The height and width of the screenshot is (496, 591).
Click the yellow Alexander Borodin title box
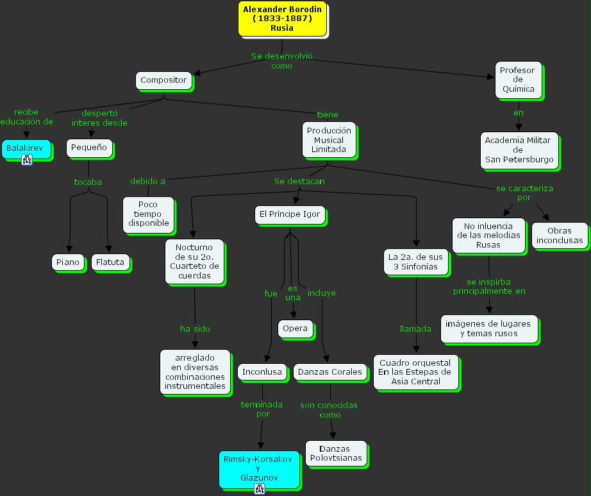[x=282, y=19]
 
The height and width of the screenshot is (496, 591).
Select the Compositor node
[x=163, y=80]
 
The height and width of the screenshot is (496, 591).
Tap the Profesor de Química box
[x=518, y=80]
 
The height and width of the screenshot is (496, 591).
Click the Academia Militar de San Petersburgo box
[x=519, y=150]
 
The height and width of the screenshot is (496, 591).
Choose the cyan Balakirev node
[x=25, y=148]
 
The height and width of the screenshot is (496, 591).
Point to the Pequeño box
[x=89, y=148]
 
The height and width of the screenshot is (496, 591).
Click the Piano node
[x=68, y=262]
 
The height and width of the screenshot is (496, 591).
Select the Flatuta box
[x=110, y=262]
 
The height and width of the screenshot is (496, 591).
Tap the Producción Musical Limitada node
[x=329, y=140]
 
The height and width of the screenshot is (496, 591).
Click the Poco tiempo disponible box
[x=148, y=214]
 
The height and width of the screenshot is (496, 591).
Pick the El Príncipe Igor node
[x=290, y=214]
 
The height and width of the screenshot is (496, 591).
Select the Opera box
[x=295, y=329]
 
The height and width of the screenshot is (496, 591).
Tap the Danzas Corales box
[x=330, y=372]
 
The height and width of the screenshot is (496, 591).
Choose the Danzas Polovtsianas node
[x=335, y=453]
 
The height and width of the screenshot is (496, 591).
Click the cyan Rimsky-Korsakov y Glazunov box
[x=258, y=468]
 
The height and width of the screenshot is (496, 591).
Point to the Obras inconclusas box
[x=560, y=235]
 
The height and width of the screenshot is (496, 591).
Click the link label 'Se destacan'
[x=299, y=181]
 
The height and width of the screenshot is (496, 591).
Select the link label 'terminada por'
[x=262, y=409]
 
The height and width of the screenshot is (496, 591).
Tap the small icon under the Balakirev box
[x=27, y=160]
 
